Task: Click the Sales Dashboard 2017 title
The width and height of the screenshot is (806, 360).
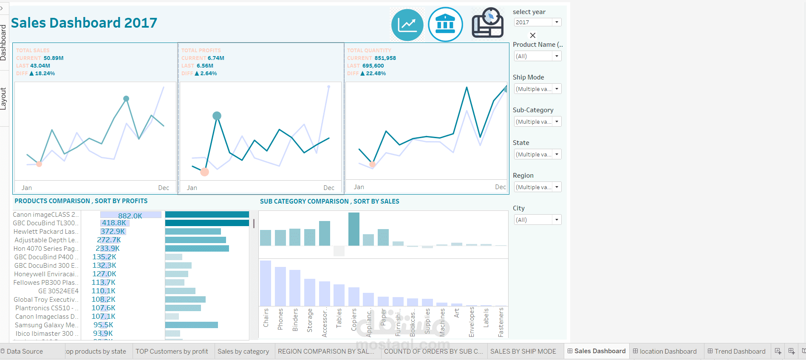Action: (x=84, y=23)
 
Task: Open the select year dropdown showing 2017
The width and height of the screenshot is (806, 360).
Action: (x=537, y=23)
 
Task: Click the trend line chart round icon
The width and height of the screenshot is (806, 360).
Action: (x=407, y=25)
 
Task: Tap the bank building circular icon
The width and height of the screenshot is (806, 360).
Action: (x=445, y=25)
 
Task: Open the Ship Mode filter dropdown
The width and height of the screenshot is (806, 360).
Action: (x=537, y=89)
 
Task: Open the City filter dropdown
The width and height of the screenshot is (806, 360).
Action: (x=537, y=220)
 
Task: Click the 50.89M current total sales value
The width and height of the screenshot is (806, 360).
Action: (x=54, y=58)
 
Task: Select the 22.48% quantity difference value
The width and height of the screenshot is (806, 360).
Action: (x=376, y=74)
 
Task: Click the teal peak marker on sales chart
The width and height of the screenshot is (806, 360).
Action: (x=126, y=99)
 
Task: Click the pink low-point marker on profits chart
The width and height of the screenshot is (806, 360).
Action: (x=204, y=172)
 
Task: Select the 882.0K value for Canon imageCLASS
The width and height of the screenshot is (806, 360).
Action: (x=130, y=216)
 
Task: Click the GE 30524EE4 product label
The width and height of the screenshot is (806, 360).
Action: (x=58, y=291)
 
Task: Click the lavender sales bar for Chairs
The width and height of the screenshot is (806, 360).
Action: (x=266, y=283)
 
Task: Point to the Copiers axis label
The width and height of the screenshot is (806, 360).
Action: (x=354, y=320)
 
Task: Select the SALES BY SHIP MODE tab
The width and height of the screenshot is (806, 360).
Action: (x=523, y=351)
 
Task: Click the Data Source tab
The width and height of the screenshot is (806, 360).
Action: (x=25, y=351)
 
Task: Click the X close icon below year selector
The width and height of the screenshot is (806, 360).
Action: (x=532, y=36)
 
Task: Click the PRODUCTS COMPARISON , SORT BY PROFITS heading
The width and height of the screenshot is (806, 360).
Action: (x=81, y=201)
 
